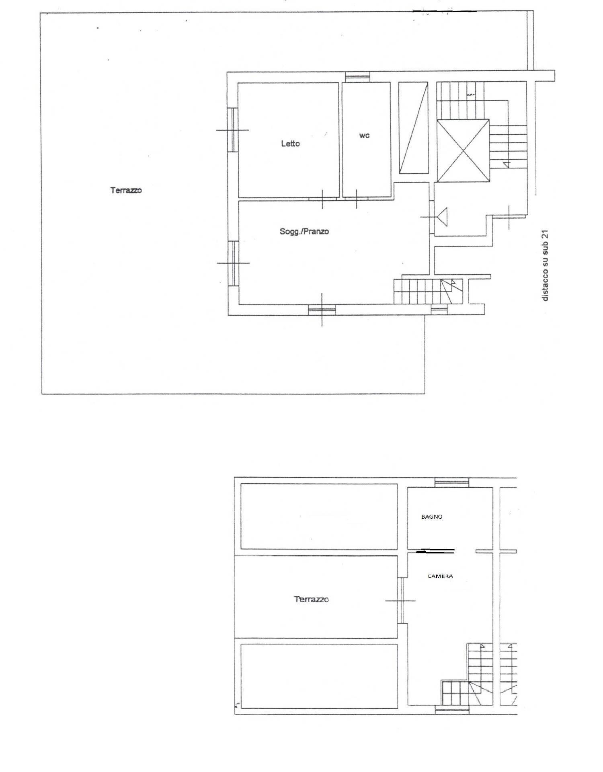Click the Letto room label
(290, 143)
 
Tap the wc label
(364, 136)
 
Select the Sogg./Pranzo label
(304, 231)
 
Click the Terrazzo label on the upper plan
(126, 190)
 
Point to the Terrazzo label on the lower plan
(311, 599)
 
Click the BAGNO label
(432, 517)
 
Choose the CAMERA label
(440, 576)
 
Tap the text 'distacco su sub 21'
(545, 265)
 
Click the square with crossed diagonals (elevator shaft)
(463, 150)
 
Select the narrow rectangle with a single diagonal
(414, 127)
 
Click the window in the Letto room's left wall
(233, 130)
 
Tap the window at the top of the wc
(357, 76)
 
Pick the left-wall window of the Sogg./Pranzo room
(233, 263)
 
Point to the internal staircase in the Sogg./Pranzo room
(428, 291)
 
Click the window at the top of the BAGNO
(452, 482)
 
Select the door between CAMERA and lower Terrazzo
(400, 600)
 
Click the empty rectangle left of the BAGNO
(319, 516)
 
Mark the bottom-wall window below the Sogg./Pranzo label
(322, 310)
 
